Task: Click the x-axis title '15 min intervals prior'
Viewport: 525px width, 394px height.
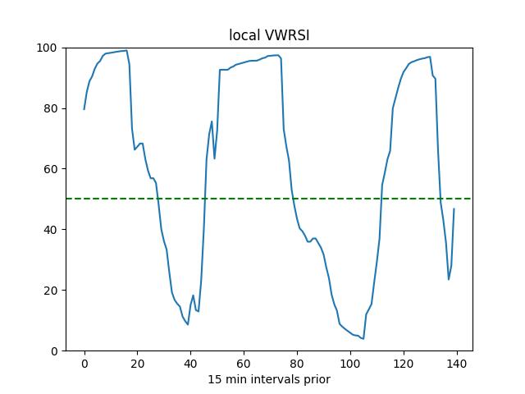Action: (268, 379)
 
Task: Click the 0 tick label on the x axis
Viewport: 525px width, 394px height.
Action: (84, 364)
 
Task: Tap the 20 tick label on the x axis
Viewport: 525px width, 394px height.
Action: (137, 364)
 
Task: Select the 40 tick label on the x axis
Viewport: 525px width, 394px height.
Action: (190, 364)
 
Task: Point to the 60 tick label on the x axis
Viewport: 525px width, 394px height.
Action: (244, 364)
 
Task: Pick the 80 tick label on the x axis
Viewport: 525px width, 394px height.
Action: (297, 364)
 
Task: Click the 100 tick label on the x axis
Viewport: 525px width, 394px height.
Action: (350, 364)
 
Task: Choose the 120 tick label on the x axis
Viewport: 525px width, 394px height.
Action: (404, 364)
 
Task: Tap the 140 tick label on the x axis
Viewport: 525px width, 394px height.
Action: (457, 364)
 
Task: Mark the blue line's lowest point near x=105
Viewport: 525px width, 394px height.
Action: (363, 339)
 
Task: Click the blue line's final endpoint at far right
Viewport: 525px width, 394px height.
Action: (454, 209)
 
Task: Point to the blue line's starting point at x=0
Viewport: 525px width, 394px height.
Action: (84, 109)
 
